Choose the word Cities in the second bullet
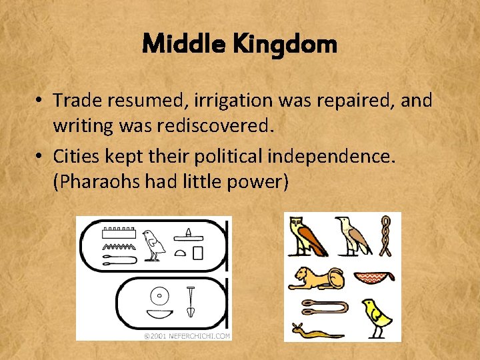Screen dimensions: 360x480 (74, 156)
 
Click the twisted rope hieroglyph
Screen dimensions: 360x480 (385, 235)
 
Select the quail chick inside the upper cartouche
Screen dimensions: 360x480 (155, 245)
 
